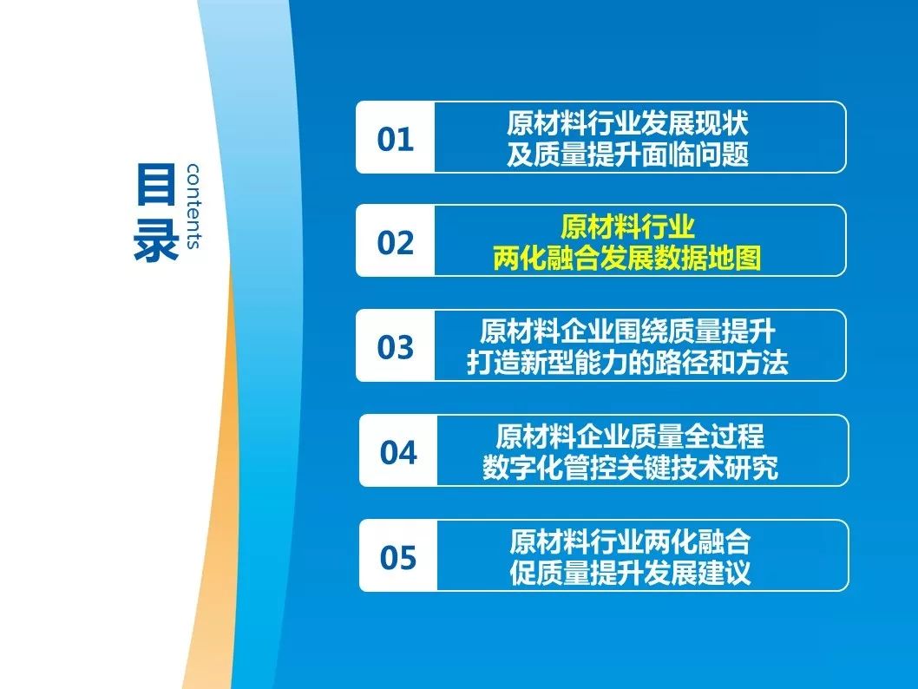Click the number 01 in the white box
pos(395,140)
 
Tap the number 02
pos(395,242)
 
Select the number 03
pos(395,346)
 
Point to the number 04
pos(398,452)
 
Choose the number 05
pos(398,557)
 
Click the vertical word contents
pos(193,206)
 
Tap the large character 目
pos(155,184)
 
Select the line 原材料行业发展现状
pos(627,123)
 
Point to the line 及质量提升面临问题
pos(627,154)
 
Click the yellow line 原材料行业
pos(627,226)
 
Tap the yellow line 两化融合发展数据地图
pos(627,258)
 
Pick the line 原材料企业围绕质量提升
pos(627,331)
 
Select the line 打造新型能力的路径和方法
pos(627,363)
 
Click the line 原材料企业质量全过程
pos(630,436)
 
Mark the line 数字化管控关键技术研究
pos(630,468)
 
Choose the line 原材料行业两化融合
pos(630,541)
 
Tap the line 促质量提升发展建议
pos(630,573)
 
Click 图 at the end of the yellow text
pos(748,258)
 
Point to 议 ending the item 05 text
pos(738,573)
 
